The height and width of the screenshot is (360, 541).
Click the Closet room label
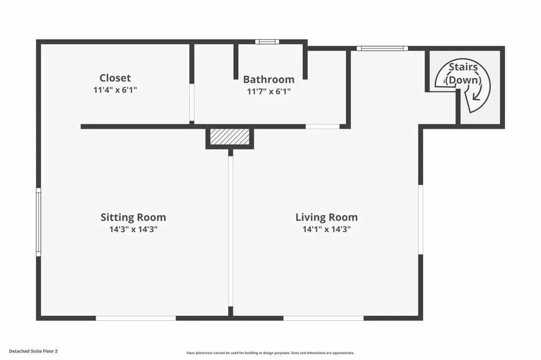point(115,78)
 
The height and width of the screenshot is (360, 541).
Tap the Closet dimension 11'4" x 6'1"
point(115,90)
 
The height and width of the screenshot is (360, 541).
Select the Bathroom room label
point(268,80)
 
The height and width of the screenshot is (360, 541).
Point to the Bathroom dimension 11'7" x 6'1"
point(268,91)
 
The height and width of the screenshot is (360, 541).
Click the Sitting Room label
point(133,217)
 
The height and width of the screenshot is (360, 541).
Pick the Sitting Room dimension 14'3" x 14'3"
point(133,230)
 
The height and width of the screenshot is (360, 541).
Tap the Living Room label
point(326,217)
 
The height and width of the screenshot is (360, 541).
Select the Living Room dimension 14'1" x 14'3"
point(326,230)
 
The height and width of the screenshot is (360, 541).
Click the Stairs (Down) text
point(463,73)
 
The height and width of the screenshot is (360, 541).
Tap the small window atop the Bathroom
point(267,42)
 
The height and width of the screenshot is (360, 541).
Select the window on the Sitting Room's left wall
point(38,223)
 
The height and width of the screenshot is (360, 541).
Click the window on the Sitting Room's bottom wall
point(136,318)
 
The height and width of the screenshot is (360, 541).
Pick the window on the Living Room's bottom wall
point(323,318)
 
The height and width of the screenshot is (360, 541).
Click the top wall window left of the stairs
point(382,49)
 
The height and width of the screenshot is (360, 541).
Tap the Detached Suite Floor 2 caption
point(33,350)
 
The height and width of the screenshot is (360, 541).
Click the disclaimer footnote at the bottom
point(270,353)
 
